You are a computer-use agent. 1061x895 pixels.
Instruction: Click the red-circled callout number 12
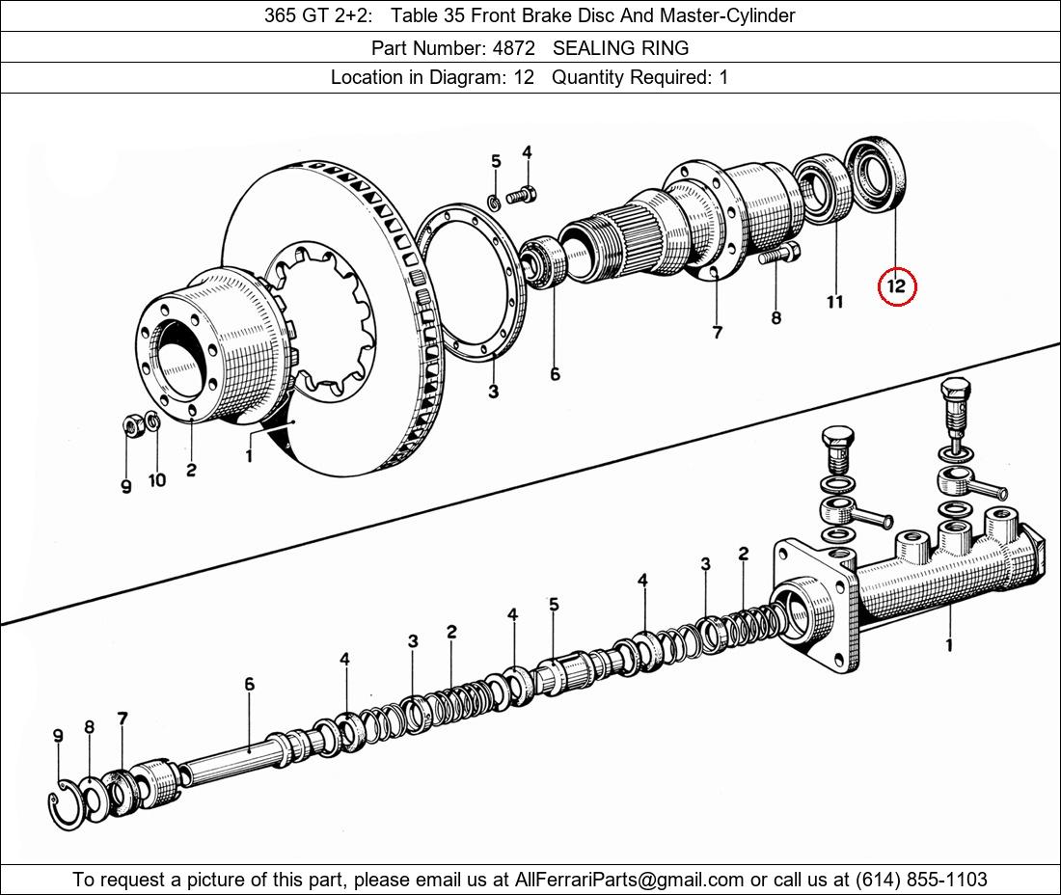(x=896, y=285)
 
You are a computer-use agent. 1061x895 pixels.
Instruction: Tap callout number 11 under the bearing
(x=835, y=302)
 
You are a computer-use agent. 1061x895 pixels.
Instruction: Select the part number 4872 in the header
(x=513, y=48)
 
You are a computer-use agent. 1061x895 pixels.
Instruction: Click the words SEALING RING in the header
(x=620, y=48)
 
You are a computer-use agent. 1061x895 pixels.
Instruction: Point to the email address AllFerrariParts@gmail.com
(x=629, y=880)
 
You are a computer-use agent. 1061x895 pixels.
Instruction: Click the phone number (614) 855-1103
(x=921, y=880)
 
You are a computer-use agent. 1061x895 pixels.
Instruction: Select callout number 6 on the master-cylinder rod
(x=250, y=684)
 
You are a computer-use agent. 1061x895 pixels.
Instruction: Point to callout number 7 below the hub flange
(x=718, y=332)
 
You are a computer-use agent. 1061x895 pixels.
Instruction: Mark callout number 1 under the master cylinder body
(x=949, y=644)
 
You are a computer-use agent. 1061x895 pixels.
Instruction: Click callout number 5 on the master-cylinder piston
(x=555, y=604)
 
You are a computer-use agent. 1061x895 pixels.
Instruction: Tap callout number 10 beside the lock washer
(x=157, y=480)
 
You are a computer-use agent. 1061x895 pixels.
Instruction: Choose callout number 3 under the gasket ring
(x=493, y=391)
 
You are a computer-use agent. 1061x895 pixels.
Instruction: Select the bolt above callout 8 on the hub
(x=778, y=254)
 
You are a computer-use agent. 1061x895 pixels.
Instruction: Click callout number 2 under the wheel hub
(x=191, y=470)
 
